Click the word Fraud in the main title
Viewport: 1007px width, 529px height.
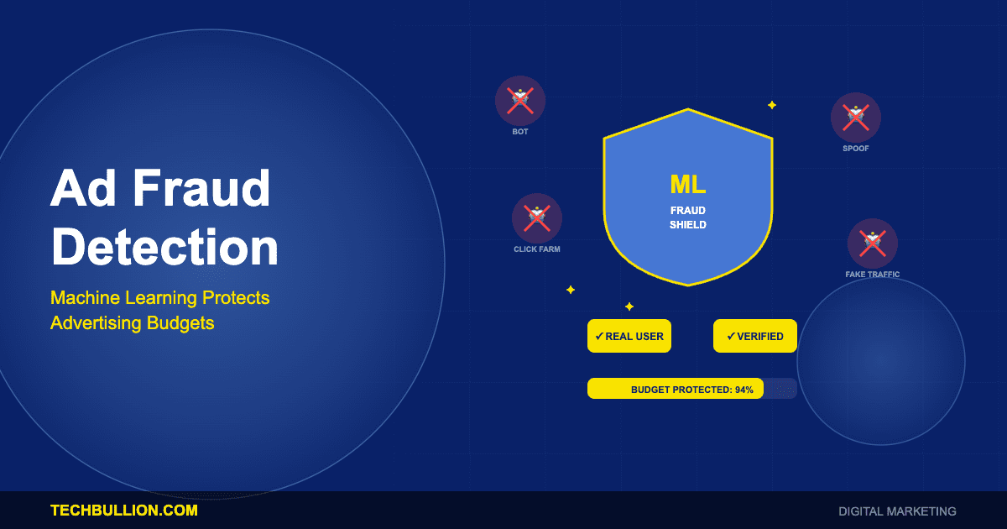coord(202,189)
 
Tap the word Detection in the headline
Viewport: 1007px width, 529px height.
coord(164,248)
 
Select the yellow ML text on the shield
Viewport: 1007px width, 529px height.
coord(687,184)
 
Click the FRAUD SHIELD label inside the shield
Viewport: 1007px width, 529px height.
coord(687,217)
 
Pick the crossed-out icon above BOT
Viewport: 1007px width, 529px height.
coord(520,101)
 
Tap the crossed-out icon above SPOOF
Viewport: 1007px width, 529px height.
coord(856,118)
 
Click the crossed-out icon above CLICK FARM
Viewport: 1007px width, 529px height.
coord(537,218)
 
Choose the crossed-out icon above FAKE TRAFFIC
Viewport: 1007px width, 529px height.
coord(873,244)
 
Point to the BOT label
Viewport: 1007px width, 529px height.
coord(520,132)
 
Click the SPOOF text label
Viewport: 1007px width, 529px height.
coord(856,149)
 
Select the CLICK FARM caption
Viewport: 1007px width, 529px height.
coord(537,249)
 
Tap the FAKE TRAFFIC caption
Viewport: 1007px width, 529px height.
coord(873,275)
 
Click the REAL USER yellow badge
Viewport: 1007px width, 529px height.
coord(629,336)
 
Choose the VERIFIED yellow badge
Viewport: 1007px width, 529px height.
coord(755,336)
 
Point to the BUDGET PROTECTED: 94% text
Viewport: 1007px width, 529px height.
coord(691,390)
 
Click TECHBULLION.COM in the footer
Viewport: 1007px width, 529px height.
coord(124,511)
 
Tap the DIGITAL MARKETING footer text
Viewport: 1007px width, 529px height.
coord(897,511)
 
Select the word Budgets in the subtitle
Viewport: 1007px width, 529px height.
coord(180,322)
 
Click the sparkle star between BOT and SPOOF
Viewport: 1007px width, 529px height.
coord(772,105)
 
